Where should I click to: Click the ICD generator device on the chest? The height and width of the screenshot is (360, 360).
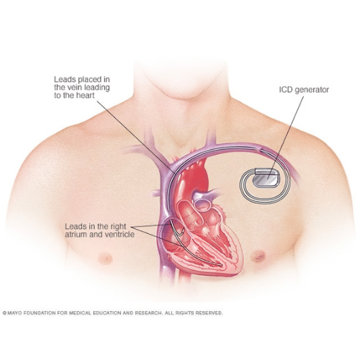[266, 178]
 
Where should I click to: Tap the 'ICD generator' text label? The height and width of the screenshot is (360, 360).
[304, 90]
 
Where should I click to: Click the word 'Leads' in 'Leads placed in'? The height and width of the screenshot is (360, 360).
[63, 79]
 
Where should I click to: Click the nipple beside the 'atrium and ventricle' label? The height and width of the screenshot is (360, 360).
[105, 258]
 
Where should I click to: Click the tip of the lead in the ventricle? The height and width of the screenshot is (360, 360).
[221, 265]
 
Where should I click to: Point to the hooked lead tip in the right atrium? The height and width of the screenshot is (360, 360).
[182, 232]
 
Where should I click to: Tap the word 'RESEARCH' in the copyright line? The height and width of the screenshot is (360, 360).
[148, 313]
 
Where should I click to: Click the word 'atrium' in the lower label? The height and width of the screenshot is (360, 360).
[76, 234]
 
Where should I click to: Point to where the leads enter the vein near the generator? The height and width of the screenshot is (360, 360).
[261, 150]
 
